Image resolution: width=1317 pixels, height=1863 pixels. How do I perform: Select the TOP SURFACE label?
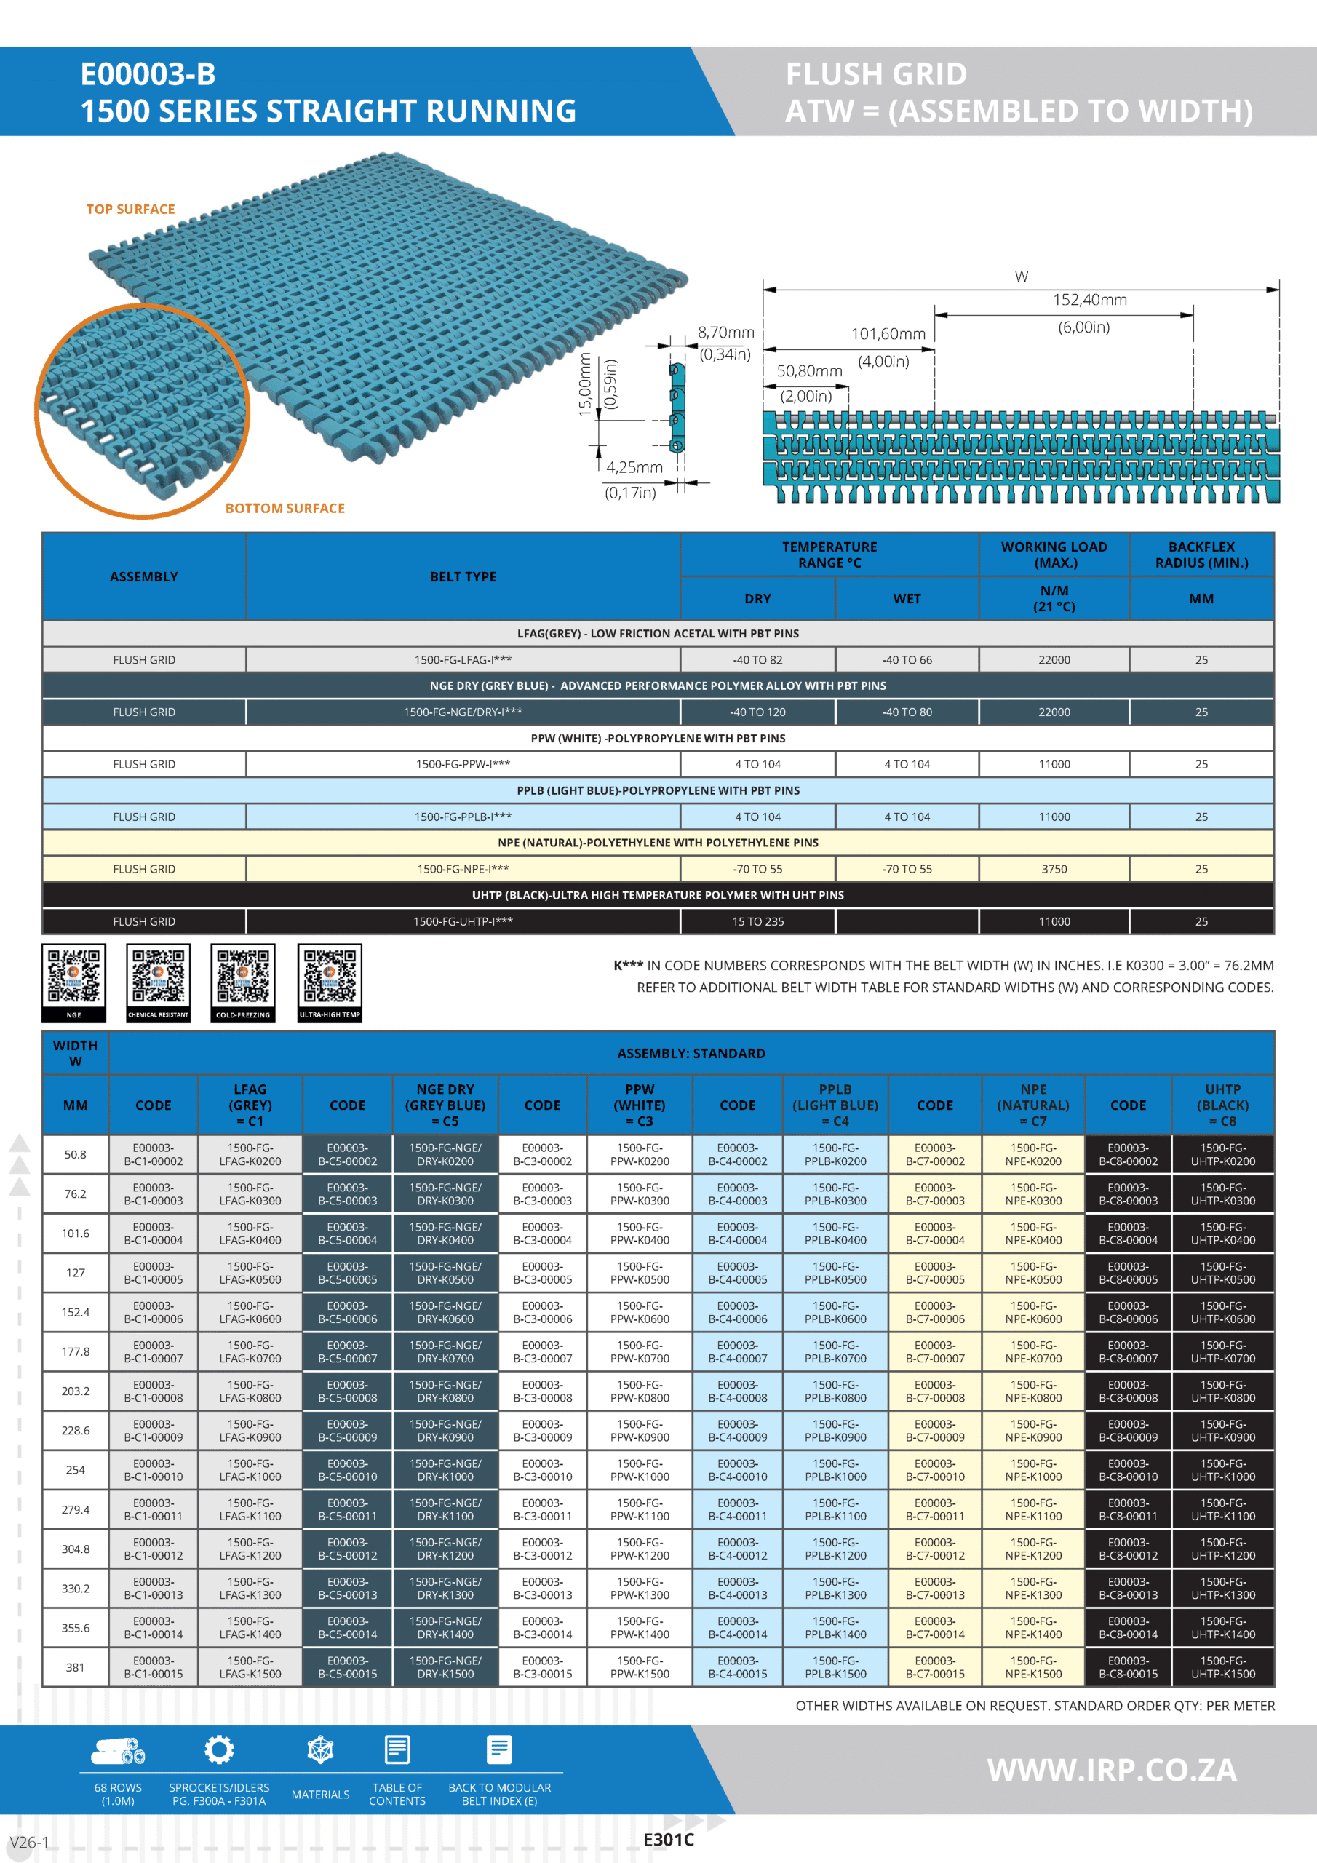131,210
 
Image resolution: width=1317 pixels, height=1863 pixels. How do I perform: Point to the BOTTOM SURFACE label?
285,509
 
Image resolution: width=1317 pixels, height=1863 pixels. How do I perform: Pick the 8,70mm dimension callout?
725,333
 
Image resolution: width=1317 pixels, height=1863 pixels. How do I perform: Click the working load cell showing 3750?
1054,869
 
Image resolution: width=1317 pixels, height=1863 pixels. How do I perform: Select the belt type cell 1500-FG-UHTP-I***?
463,922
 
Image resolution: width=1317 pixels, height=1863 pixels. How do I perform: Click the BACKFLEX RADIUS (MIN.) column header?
1201,555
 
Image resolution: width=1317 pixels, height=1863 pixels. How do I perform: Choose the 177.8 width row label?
76,1352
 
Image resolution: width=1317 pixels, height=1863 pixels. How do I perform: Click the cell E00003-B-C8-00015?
1128,1667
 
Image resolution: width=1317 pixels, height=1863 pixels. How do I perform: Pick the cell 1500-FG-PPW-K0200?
640,1155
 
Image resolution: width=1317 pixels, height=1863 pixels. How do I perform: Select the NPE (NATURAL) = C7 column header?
1033,1105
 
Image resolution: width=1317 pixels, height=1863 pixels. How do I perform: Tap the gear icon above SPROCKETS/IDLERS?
219,1750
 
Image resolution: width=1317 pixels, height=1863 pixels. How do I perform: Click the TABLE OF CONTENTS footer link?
397,1794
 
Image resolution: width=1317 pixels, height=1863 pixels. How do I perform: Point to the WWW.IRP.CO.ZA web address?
1112,1771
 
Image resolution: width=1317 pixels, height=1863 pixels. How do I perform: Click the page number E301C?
669,1840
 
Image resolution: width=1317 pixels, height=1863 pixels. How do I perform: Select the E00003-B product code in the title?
148,75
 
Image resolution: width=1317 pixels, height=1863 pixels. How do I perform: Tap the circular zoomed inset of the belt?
143,411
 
